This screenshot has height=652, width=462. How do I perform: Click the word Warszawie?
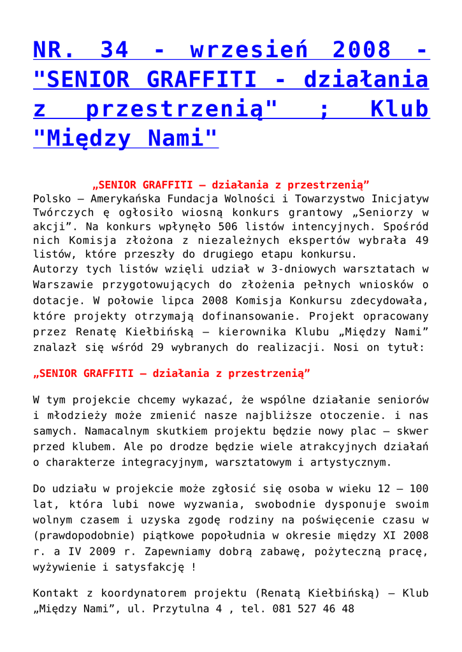pyautogui.click(x=62, y=285)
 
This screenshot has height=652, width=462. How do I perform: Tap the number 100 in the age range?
pyautogui.click(x=418, y=489)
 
